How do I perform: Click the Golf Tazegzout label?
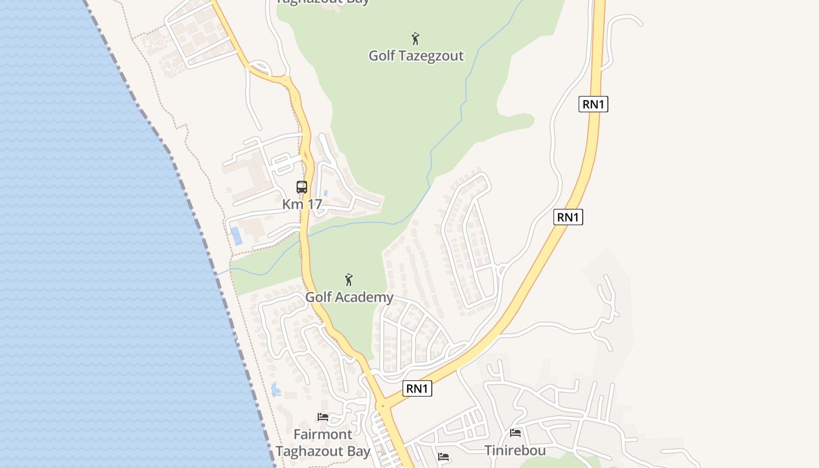point(416,56)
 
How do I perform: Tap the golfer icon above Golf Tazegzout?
point(415,39)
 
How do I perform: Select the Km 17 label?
point(302,205)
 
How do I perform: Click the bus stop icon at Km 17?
point(302,187)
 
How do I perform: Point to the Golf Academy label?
point(349,297)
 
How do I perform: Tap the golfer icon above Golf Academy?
point(349,280)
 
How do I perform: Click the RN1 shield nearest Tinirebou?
point(418,388)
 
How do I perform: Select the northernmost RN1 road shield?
point(594,104)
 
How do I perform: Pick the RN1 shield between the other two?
point(568,217)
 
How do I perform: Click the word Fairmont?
point(323,435)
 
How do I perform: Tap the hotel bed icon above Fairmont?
point(323,417)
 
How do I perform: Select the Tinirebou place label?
point(515,450)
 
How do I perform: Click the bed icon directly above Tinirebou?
point(515,433)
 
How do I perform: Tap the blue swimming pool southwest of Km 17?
point(236,236)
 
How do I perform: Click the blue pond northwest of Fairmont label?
point(276,390)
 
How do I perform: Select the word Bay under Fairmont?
point(358,452)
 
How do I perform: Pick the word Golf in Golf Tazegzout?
point(381,56)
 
